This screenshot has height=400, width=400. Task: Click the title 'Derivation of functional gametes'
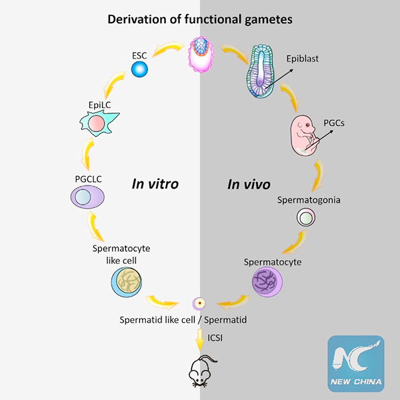pyautogui.click(x=199, y=18)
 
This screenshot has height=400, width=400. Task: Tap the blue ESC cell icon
pyautogui.click(x=139, y=68)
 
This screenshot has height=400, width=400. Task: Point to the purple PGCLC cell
pyautogui.click(x=89, y=198)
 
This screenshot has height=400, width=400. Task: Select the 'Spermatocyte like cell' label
pyautogui.click(x=121, y=253)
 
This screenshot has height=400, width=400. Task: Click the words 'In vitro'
pyautogui.click(x=154, y=184)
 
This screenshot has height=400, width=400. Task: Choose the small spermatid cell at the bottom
pyautogui.click(x=199, y=304)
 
